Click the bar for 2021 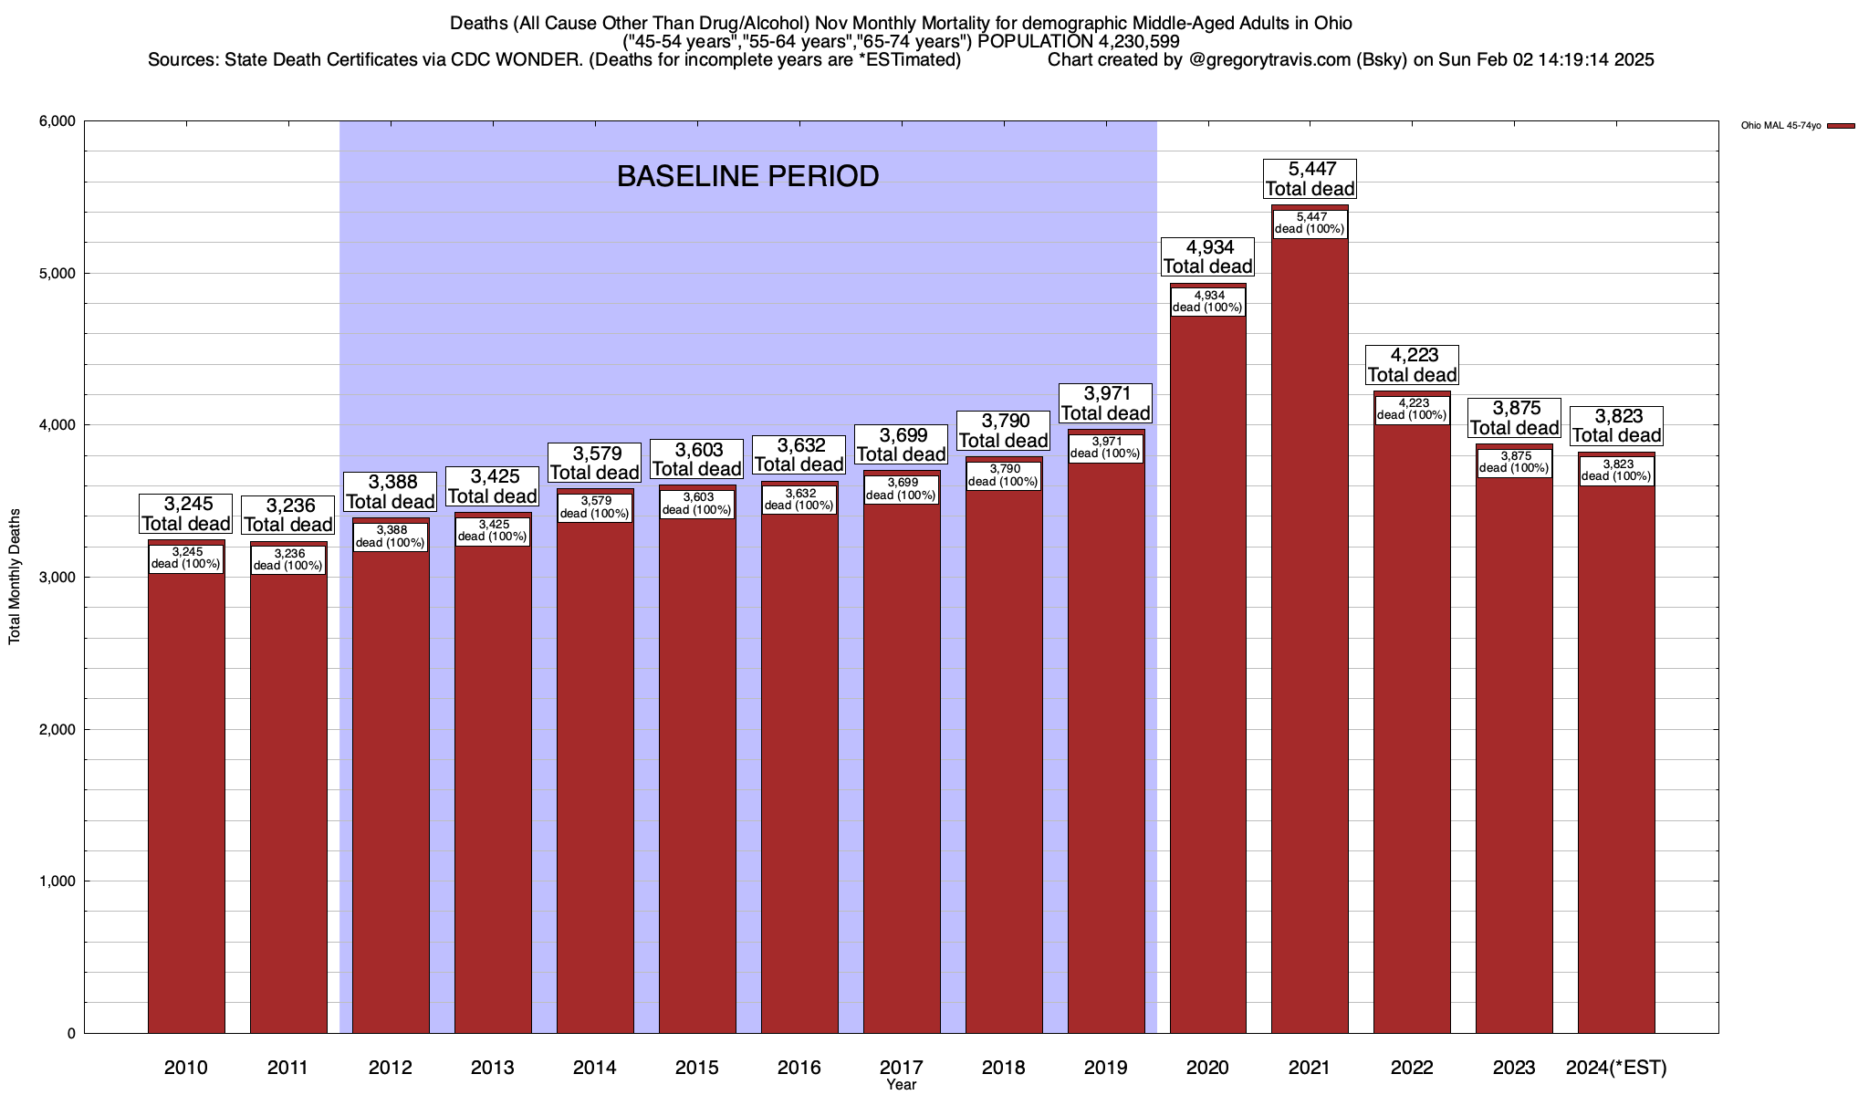tap(1310, 639)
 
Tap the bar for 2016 tap(799, 776)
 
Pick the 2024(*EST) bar tap(1616, 757)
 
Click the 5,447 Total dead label tap(1310, 179)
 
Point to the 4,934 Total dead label tap(1207, 256)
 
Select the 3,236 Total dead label tap(288, 515)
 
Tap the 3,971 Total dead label tap(1105, 403)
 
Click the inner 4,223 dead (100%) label tap(1412, 409)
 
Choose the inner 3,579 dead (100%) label tap(595, 507)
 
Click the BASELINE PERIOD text tap(747, 176)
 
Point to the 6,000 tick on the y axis tap(57, 121)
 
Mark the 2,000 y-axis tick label tap(57, 729)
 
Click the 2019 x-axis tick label tap(1105, 1067)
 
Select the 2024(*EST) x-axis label tap(1616, 1067)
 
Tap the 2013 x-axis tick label tap(493, 1067)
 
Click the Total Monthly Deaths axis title tap(15, 576)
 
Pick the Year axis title tap(901, 1085)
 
